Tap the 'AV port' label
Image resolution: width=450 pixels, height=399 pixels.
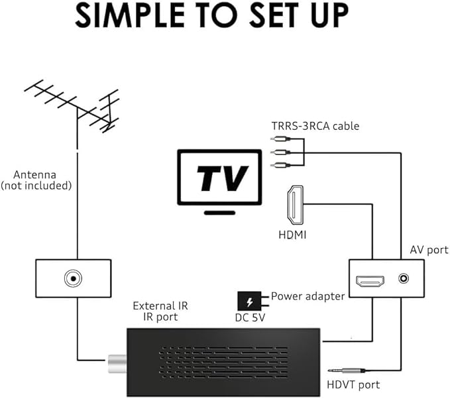pos(429,250)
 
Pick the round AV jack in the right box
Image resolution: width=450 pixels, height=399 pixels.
pos(404,278)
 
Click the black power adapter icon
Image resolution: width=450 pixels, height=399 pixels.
pos(250,302)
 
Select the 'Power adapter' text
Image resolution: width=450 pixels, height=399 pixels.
pos(308,296)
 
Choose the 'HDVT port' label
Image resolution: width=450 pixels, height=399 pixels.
pos(353,384)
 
